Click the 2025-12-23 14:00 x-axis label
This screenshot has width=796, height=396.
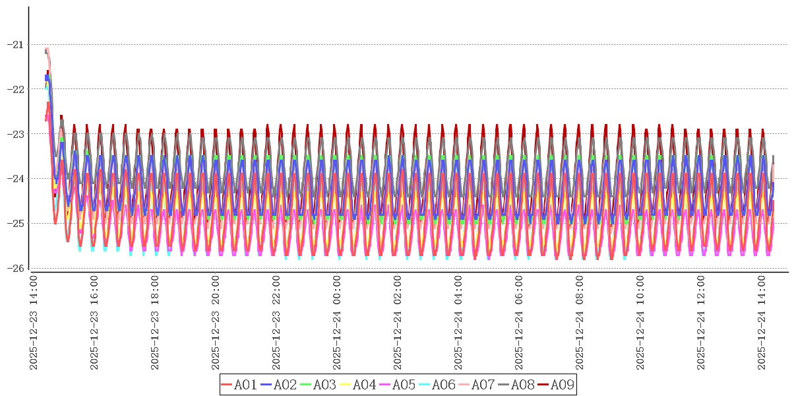(x=34, y=323)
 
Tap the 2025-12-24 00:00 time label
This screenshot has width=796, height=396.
(x=338, y=323)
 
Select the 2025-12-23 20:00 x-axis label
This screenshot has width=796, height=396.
(x=216, y=323)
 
